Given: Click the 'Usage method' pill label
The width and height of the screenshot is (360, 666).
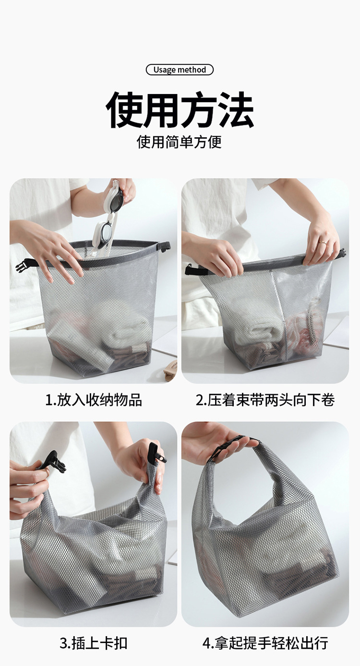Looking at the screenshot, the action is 180,70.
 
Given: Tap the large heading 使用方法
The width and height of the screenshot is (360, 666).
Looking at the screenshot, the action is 180,109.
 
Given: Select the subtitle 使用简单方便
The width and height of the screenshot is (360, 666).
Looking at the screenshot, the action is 180,142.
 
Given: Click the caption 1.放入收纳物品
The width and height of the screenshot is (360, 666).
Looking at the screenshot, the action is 94,400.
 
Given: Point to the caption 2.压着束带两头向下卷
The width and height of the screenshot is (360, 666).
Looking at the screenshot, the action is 265,400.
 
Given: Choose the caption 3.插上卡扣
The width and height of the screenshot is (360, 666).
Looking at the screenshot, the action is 94,643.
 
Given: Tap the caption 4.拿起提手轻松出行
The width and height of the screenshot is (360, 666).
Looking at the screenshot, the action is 265,643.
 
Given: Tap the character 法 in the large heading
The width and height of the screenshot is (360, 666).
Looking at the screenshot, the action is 236,109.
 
